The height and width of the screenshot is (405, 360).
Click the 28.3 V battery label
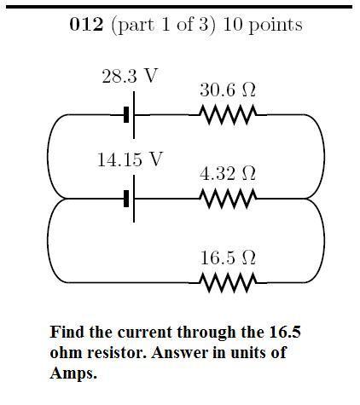(130, 76)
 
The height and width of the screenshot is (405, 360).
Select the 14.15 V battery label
(130, 159)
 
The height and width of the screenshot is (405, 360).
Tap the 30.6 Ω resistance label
(228, 90)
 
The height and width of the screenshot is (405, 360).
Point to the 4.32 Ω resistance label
(228, 173)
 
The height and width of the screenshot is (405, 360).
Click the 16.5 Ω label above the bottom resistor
(228, 257)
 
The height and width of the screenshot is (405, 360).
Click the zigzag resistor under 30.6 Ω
(228, 115)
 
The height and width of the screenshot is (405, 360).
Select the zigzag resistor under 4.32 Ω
(228, 199)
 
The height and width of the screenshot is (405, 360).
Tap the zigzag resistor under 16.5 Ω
(228, 282)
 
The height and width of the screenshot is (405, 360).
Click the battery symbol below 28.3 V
(130, 115)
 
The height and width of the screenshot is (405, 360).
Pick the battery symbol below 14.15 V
(130, 199)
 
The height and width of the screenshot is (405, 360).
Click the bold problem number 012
(86, 25)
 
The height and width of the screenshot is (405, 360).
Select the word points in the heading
(276, 26)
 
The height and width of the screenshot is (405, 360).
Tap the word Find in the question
(67, 332)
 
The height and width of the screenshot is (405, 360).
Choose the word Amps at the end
(73, 373)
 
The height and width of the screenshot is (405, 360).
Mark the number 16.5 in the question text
(284, 332)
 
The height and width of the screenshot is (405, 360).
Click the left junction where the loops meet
(60, 199)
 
